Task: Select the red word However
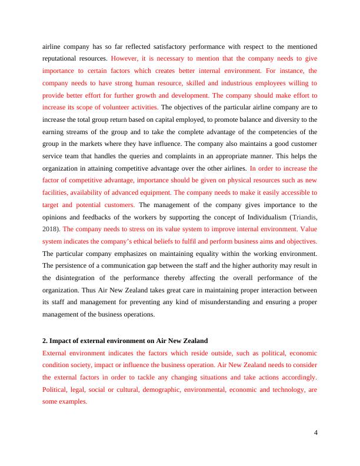[x=125, y=59]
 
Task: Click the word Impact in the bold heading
[x=62, y=341]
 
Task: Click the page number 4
[x=316, y=434]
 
